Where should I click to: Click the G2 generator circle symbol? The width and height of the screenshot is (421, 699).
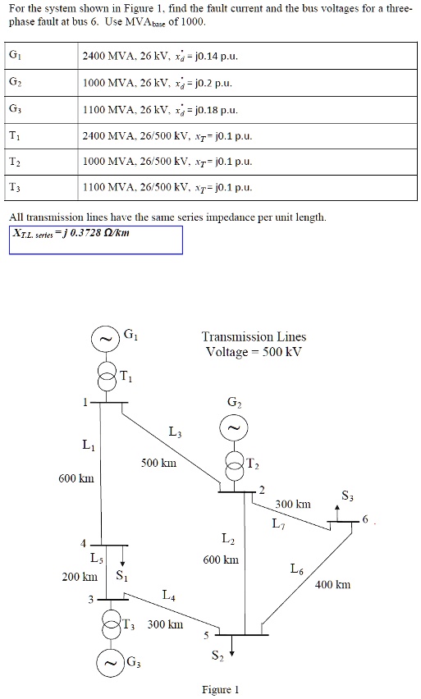click(232, 429)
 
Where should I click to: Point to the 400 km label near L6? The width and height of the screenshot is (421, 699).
click(332, 585)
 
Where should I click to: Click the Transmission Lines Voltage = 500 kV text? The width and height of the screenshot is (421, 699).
click(254, 344)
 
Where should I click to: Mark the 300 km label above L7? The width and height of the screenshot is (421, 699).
click(292, 505)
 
